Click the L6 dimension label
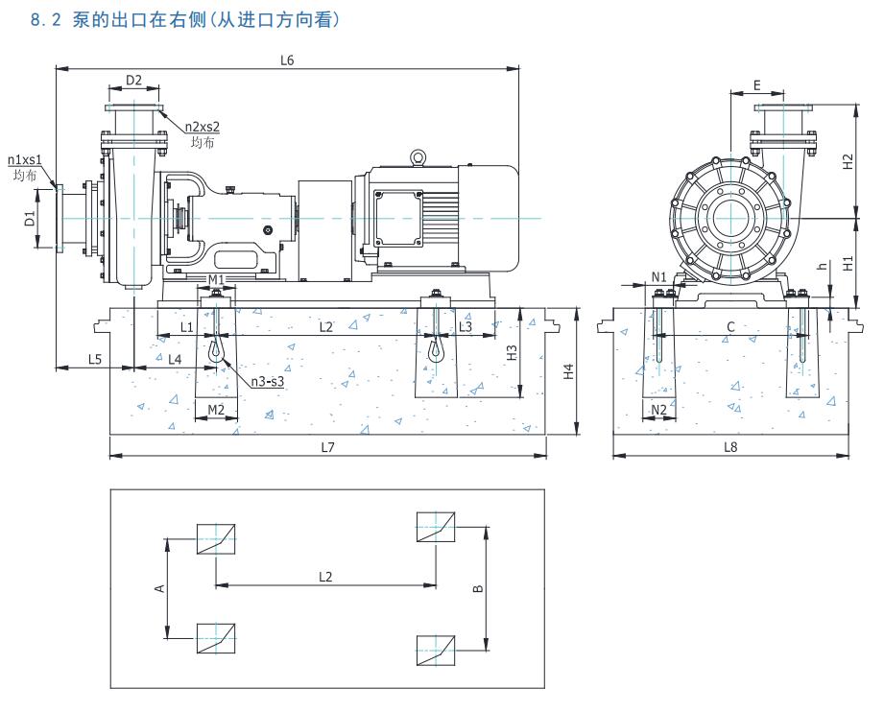287,60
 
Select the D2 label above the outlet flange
133,80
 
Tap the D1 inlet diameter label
30,219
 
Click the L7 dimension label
326,447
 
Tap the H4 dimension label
568,370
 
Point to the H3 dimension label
512,352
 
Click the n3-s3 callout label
267,382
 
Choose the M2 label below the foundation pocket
216,410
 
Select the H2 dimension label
848,161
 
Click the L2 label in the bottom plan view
325,577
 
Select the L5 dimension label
95,359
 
